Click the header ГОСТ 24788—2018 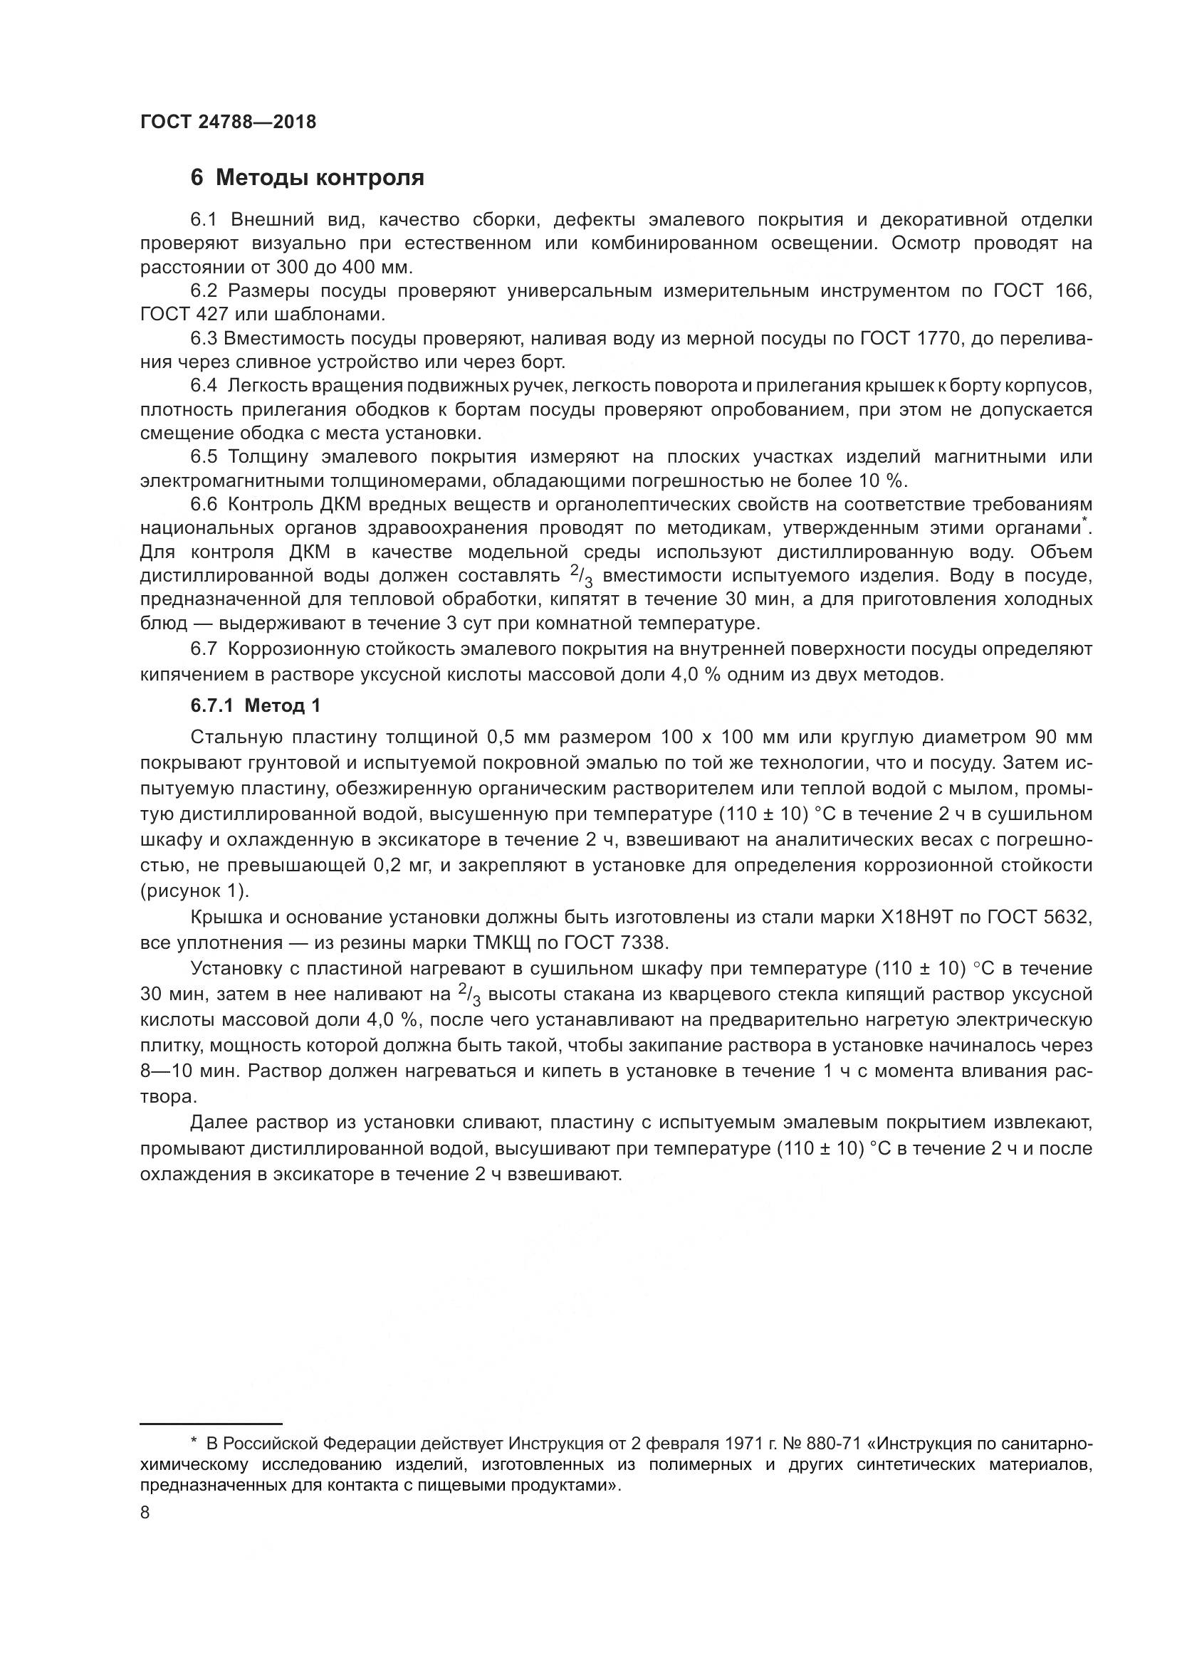click(x=228, y=122)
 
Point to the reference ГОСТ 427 click(x=184, y=315)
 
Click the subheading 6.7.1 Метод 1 click(x=256, y=705)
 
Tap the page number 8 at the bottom click(x=145, y=1513)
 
